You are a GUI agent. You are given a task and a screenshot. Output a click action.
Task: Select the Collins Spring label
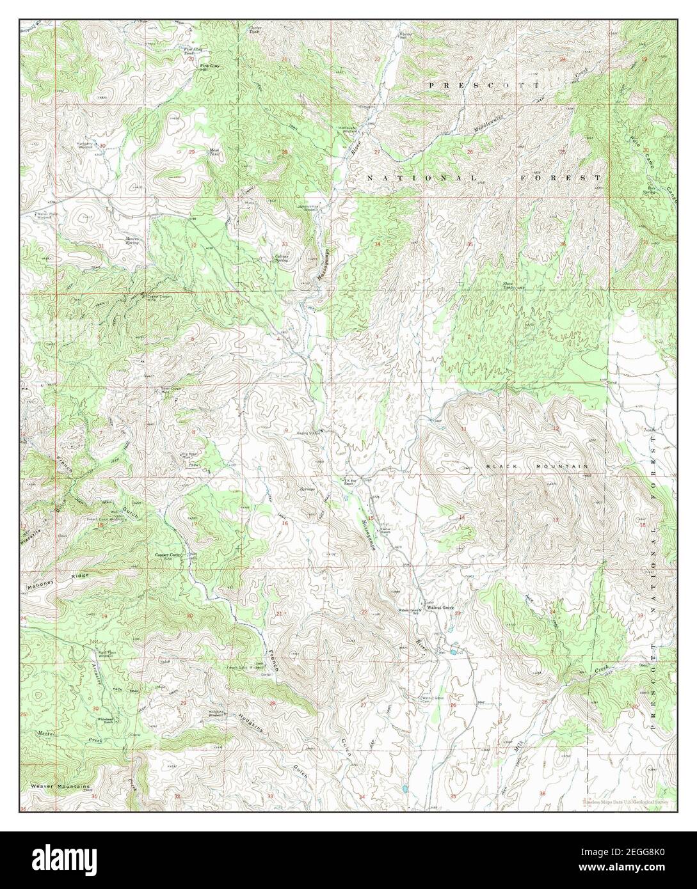(x=282, y=258)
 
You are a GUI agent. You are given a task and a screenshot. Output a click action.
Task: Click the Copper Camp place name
(x=167, y=556)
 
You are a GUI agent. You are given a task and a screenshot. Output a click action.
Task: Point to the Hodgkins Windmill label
(x=219, y=714)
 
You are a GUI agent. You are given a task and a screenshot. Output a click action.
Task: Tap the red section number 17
(x=194, y=524)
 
